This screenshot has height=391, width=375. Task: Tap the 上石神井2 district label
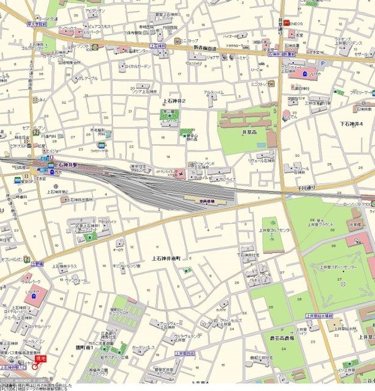(174, 100)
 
